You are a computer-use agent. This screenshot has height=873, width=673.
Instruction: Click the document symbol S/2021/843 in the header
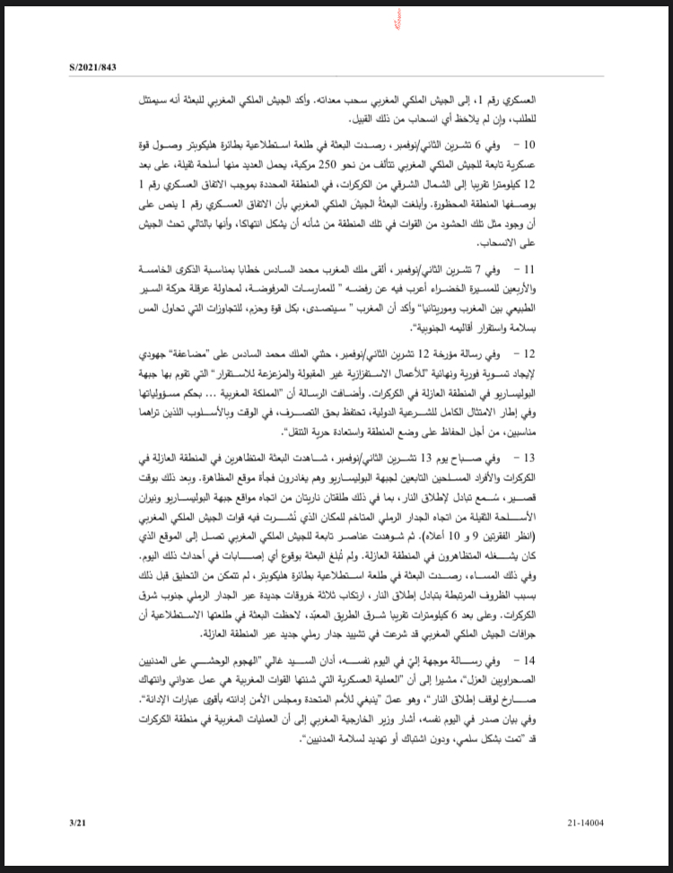coord(93,67)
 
